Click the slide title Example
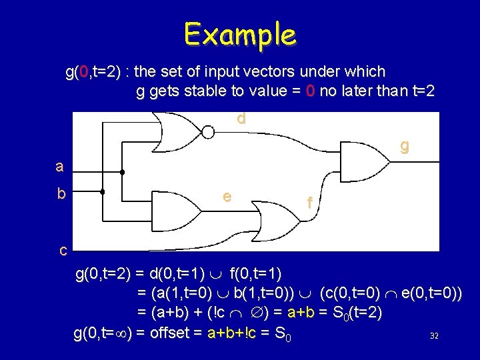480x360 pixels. click(240, 33)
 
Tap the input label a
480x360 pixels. click(60, 166)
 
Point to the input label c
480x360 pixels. click(63, 251)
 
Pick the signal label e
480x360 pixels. click(227, 196)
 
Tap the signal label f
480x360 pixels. click(309, 202)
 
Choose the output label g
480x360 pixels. click(404, 145)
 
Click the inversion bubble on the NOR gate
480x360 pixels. click(208, 132)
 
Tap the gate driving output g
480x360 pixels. click(363, 157)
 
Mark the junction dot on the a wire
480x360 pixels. click(123, 172)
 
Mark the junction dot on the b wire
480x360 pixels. click(102, 192)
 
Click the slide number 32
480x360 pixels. click(434, 335)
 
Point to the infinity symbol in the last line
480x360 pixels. click(123, 333)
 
